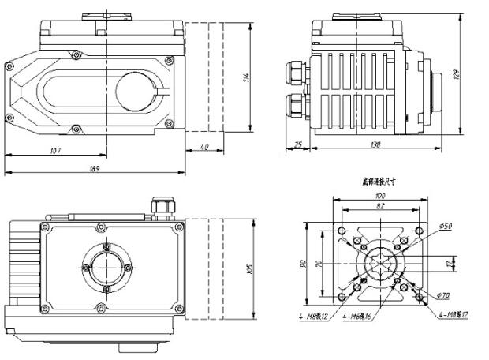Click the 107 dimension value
pos(55,151)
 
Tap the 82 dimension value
pos(380,205)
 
